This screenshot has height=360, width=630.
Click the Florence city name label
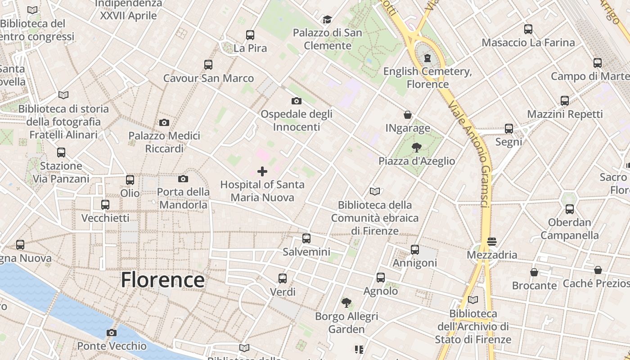pyautogui.click(x=162, y=280)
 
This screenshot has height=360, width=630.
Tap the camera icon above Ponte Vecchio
pyautogui.click(x=111, y=333)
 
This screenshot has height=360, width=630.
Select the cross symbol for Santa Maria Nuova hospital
pyautogui.click(x=262, y=171)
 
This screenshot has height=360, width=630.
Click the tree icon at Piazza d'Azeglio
pyautogui.click(x=417, y=148)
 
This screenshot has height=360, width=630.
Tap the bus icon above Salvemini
pyautogui.click(x=306, y=238)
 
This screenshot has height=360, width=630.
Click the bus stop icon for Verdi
pyautogui.click(x=283, y=279)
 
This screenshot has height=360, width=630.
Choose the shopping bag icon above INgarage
pyautogui.click(x=408, y=115)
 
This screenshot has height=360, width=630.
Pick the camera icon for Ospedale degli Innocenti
pyautogui.click(x=297, y=101)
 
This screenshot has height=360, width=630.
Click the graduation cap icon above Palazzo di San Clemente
pyautogui.click(x=327, y=19)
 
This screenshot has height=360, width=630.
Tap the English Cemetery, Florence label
pyautogui.click(x=427, y=78)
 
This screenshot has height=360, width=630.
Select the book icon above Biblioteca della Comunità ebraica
pyautogui.click(x=375, y=192)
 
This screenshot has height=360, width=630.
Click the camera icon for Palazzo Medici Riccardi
pyautogui.click(x=164, y=122)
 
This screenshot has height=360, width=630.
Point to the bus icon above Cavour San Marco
pyautogui.click(x=208, y=65)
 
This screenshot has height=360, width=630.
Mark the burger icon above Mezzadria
pyautogui.click(x=492, y=242)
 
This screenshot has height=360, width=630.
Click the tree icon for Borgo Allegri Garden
pyautogui.click(x=346, y=303)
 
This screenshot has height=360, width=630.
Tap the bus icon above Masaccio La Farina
pyautogui.click(x=528, y=29)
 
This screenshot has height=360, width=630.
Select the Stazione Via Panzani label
pyautogui.click(x=61, y=172)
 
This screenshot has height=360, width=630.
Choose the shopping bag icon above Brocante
pyautogui.click(x=534, y=272)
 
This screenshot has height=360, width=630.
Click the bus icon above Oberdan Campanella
pyautogui.click(x=570, y=209)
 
